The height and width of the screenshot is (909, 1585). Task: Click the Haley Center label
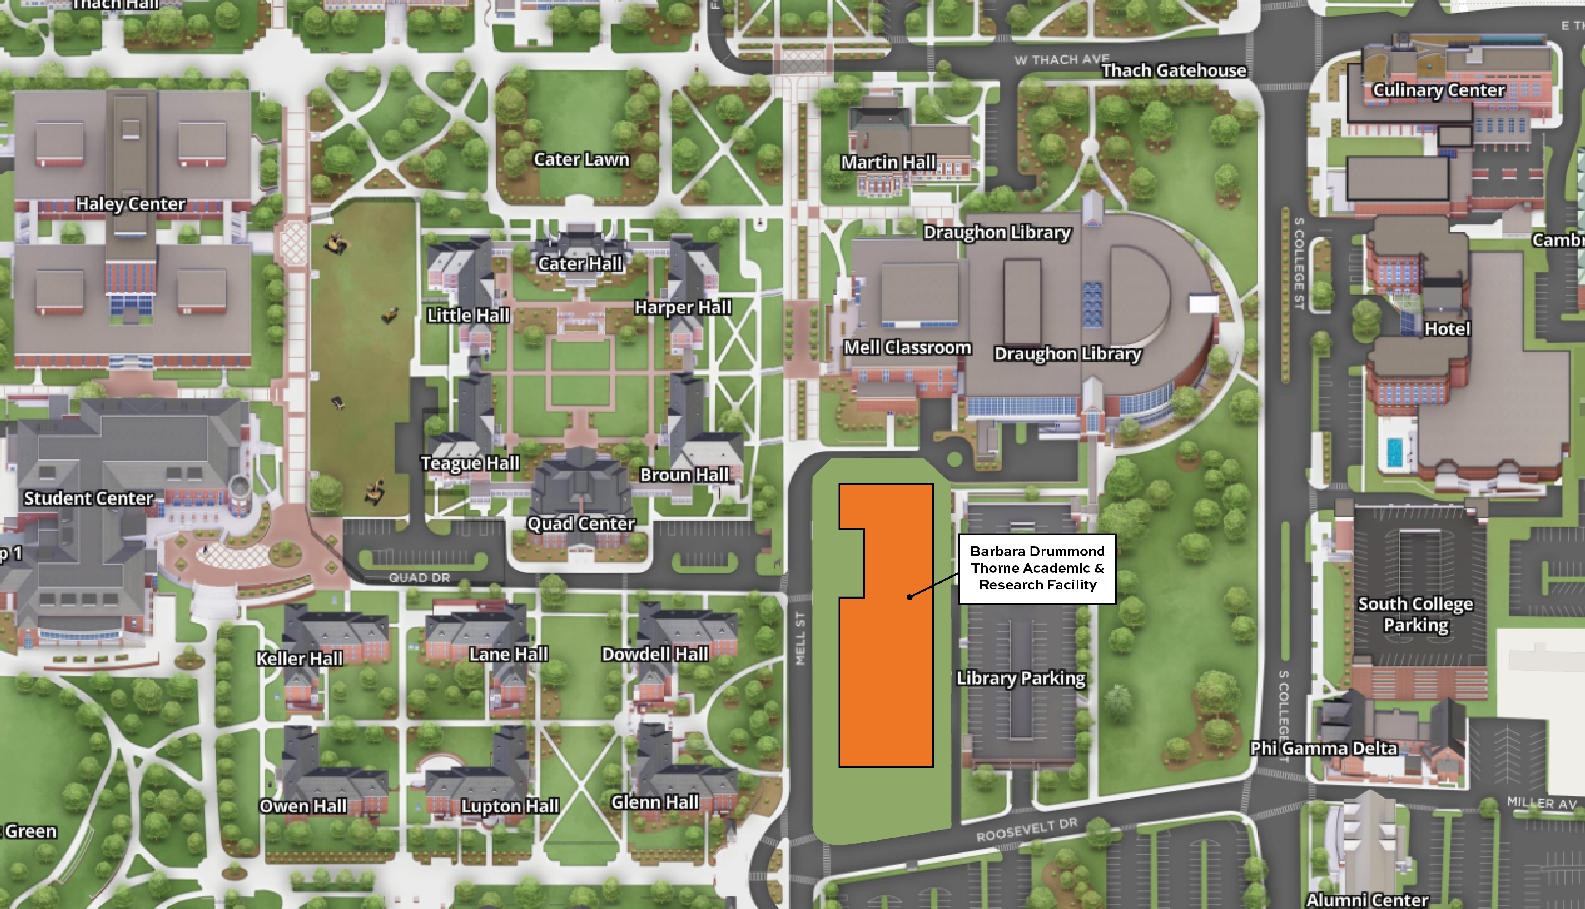[x=130, y=204]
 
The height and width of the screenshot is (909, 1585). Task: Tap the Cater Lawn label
[x=581, y=160]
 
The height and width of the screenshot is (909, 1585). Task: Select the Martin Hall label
[x=888, y=162]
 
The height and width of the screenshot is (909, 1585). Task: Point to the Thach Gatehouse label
[x=1173, y=71]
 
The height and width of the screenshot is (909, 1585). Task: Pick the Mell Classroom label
[x=907, y=348]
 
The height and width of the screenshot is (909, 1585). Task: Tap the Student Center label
[x=89, y=498]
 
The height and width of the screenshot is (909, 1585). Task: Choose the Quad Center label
[x=581, y=523]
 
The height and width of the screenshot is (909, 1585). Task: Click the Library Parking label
[x=1021, y=678]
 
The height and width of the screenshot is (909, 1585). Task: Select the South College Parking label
[x=1415, y=614]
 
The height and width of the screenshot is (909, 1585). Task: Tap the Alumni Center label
[x=1367, y=899]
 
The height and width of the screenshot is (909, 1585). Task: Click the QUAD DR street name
[x=419, y=578]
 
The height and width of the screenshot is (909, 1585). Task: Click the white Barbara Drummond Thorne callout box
[x=1037, y=568]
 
